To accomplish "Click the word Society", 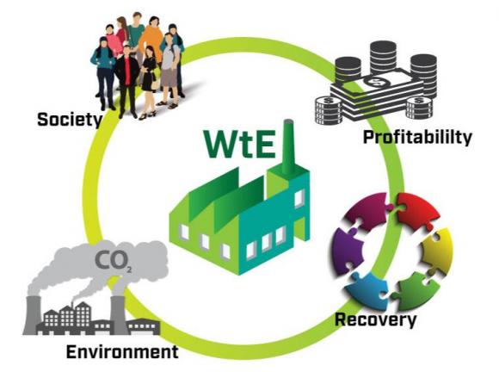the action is tap(70, 120).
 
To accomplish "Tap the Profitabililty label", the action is tap(417, 137).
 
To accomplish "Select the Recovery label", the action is tap(375, 319).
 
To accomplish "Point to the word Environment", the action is tap(122, 352).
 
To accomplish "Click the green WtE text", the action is tap(239, 144).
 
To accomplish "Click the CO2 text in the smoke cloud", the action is tap(113, 261).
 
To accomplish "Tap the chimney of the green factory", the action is tap(288, 147).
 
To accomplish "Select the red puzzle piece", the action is tap(417, 211).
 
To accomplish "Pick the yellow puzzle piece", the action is tap(438, 251).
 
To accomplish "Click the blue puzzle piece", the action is tap(367, 289).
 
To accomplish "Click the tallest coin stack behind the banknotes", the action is tap(383, 58).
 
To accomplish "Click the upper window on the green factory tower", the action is tap(299, 198).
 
